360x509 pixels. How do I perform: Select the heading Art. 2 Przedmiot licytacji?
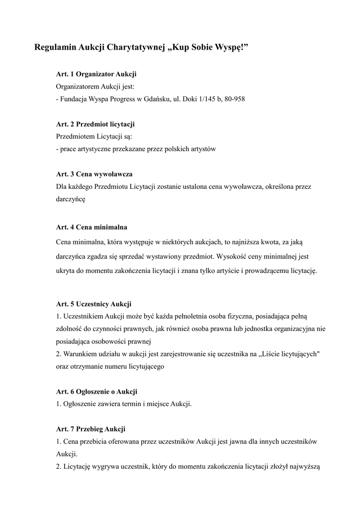pos(95,124)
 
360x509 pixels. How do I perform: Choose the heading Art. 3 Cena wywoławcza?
pos(94,174)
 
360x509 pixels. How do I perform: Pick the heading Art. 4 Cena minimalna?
pos(91,227)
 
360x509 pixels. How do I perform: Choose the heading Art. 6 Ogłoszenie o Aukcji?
pos(96,391)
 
